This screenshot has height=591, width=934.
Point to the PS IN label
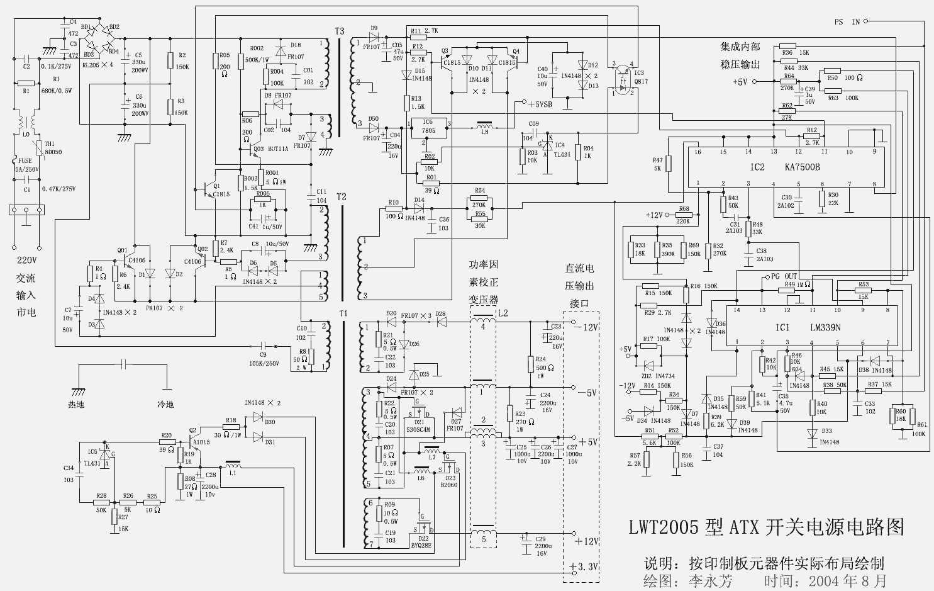847,22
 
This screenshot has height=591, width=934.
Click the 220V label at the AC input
26,260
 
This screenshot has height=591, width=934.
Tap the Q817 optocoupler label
641,81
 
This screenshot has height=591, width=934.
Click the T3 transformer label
340,31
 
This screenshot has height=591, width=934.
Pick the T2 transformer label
342,197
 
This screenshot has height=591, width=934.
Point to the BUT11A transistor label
278,149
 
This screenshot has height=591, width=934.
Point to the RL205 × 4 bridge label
98,65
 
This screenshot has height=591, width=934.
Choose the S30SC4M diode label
418,430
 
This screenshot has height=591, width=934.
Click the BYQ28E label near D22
421,546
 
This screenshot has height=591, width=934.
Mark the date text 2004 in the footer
824,581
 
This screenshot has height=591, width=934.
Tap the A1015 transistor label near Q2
201,442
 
